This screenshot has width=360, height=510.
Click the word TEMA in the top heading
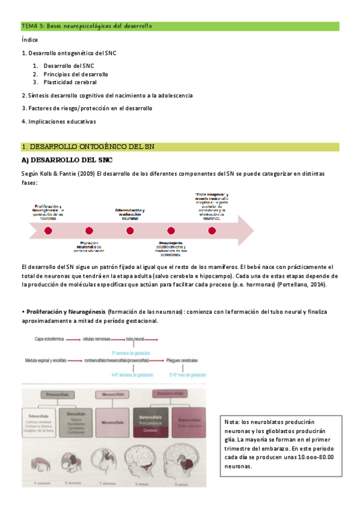click(29, 26)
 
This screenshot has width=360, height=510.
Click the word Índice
click(29, 40)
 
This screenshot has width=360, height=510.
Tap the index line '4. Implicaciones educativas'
click(58, 121)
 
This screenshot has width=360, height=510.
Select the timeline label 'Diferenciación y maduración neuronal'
click(130, 214)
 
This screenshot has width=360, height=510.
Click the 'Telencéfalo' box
click(38, 422)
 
